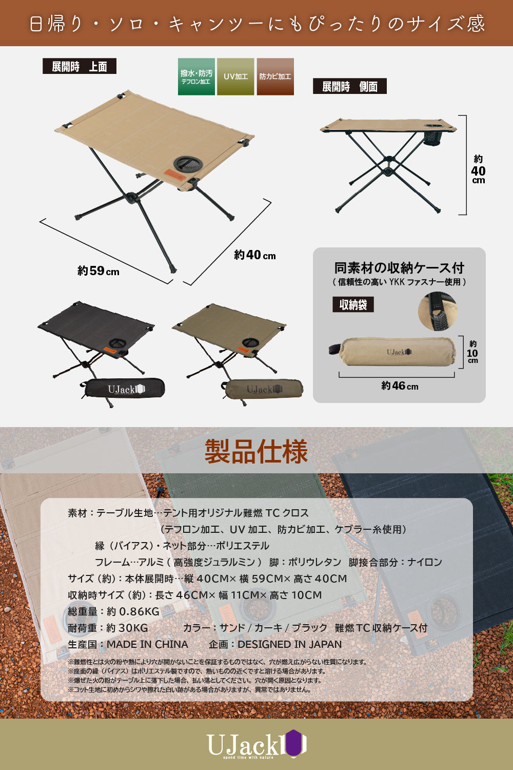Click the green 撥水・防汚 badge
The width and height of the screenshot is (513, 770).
[196, 76]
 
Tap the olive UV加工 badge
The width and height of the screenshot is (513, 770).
[235, 76]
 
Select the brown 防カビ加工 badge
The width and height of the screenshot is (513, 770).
[275, 76]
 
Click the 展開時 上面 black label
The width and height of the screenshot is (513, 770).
[79, 66]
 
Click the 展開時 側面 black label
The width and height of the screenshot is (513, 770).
[349, 86]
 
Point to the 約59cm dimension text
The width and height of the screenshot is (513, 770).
[98, 271]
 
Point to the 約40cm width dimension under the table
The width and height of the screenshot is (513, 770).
[254, 255]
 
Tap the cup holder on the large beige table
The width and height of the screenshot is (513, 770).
[188, 165]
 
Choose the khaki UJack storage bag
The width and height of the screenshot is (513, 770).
[264, 389]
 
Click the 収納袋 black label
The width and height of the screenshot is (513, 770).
[353, 304]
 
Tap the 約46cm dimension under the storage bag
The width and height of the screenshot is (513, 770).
[400, 386]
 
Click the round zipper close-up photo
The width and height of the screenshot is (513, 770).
[437, 311]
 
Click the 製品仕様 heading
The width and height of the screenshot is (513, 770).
[256, 451]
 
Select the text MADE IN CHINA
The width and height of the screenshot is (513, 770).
[147, 644]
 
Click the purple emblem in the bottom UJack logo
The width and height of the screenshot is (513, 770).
[294, 743]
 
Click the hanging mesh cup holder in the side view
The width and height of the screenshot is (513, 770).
[433, 137]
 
